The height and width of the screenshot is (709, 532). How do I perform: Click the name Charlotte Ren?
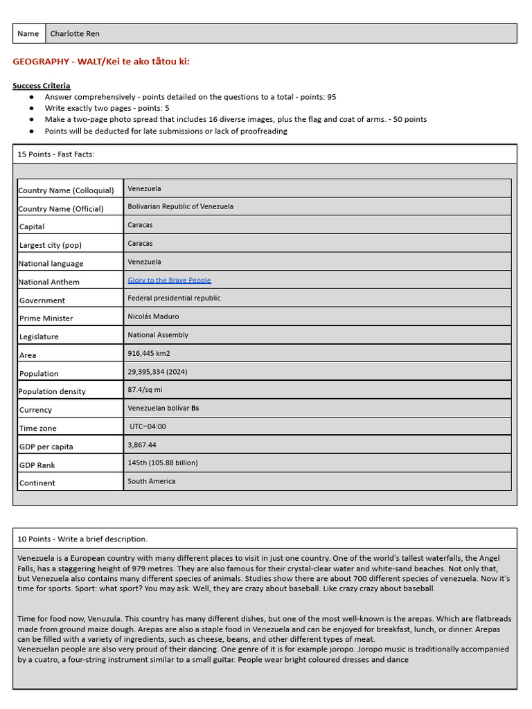coord(75,33)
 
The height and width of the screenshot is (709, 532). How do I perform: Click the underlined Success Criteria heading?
coord(41,86)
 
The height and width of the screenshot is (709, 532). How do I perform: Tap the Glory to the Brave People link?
coord(169,280)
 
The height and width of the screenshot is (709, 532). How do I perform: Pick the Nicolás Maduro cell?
coord(153,316)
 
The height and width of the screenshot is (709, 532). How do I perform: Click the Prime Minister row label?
coord(46,318)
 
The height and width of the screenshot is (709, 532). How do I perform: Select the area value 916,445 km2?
coord(148,353)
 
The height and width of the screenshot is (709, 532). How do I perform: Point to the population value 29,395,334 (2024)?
coord(157,372)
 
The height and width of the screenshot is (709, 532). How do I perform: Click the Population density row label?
coord(53,391)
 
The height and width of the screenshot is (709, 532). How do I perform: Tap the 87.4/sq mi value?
coord(145,390)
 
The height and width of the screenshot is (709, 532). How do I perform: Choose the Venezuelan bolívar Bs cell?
coord(163,408)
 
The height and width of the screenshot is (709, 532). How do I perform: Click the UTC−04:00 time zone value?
coord(148,427)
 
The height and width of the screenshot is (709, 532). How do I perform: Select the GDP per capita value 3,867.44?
coord(142,445)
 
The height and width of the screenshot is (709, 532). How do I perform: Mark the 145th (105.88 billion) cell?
coord(163,463)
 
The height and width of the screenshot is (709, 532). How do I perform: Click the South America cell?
coord(151,481)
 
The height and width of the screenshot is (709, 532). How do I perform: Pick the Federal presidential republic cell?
coord(174,298)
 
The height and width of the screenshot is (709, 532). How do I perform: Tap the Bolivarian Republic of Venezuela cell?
coord(180,206)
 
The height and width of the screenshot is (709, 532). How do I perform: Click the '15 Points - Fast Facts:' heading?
coord(56,154)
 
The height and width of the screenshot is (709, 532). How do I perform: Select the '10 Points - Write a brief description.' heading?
coord(82,539)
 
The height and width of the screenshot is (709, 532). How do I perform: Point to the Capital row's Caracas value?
coord(140,225)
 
